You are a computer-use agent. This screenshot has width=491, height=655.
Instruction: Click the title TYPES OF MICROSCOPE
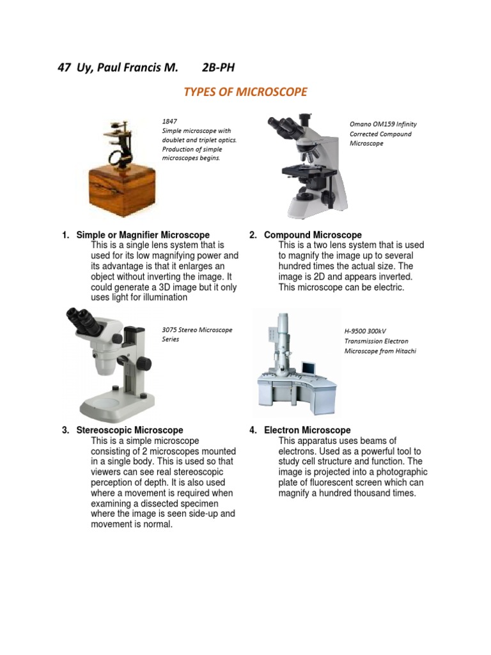[x=245, y=92]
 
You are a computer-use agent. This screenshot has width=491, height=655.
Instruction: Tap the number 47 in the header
[x=63, y=68]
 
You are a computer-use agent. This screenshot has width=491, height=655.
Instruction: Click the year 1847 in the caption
[x=169, y=121]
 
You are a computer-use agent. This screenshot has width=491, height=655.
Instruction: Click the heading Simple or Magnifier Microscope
[x=143, y=235]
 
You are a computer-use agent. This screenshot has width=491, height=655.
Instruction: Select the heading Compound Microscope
[x=313, y=235]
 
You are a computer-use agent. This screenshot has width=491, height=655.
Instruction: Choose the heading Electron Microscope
[x=308, y=430]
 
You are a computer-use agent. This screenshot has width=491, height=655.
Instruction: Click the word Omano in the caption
[x=361, y=124]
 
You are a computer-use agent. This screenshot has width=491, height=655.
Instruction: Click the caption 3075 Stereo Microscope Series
[x=197, y=335]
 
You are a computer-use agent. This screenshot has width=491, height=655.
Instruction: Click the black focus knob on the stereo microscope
[x=145, y=363]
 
